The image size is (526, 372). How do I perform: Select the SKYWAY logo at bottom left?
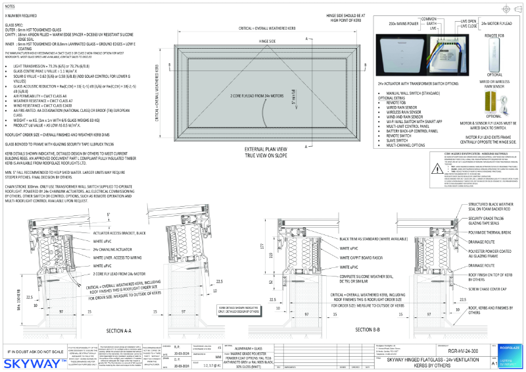pos(36,361)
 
